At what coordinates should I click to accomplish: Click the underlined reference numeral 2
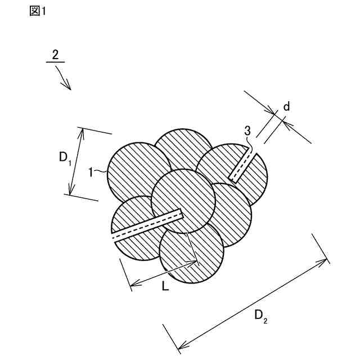point(55,55)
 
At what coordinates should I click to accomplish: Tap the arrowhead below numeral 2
point(69,87)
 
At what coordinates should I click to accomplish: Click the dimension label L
point(165,286)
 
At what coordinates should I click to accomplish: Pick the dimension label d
point(286,106)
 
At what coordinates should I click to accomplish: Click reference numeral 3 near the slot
point(247,131)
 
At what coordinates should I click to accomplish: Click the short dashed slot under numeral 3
point(241,167)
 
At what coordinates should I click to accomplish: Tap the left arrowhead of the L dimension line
point(133,286)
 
